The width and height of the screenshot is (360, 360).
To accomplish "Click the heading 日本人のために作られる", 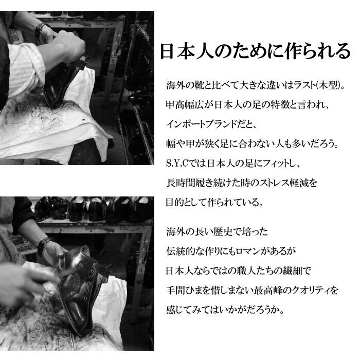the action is click(255, 51).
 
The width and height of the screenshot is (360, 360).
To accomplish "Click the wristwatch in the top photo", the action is click(41, 28).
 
